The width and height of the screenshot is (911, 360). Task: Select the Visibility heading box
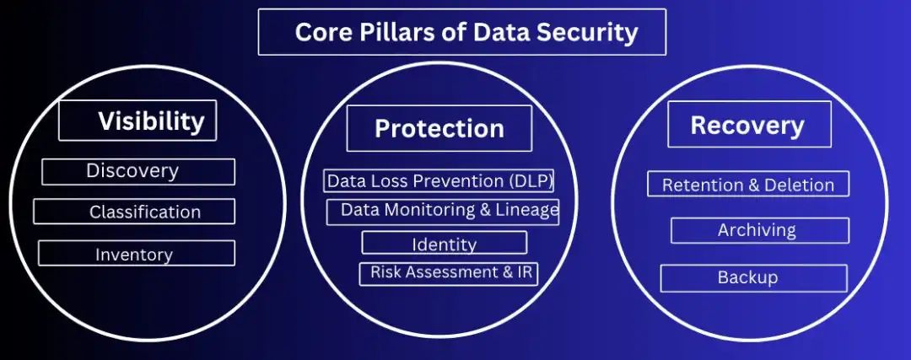tap(137, 121)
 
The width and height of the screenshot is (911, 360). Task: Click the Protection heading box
tap(439, 128)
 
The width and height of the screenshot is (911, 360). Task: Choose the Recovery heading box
tap(750, 124)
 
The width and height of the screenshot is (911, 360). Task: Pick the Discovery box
tap(138, 172)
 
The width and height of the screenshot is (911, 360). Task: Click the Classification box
tap(134, 212)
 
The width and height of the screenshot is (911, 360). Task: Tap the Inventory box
tap(137, 253)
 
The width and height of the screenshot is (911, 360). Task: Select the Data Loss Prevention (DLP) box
tap(439, 180)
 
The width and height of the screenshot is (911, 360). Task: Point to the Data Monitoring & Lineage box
tap(443, 212)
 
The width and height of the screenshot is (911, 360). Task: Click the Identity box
tap(445, 243)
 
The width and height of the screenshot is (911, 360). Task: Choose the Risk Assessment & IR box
tap(449, 273)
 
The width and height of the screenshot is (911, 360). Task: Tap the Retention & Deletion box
tap(748, 184)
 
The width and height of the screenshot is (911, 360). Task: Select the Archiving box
tap(760, 230)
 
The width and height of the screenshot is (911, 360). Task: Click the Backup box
tap(753, 278)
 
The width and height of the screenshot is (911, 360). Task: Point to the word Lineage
tap(527, 211)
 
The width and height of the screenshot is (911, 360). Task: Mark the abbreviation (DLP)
tap(531, 181)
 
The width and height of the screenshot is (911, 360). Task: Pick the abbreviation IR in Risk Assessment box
tap(526, 271)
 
